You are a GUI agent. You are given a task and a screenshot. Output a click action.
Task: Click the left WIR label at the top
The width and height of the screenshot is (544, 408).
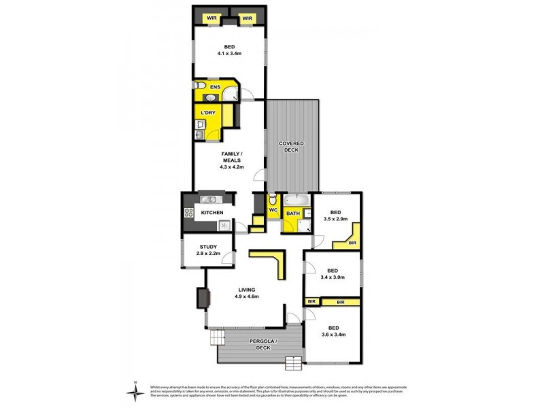(x=211, y=18)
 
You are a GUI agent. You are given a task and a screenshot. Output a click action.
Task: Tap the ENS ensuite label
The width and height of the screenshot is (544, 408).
(x=214, y=87)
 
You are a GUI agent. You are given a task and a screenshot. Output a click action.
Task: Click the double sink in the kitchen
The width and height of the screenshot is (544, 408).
(x=209, y=200)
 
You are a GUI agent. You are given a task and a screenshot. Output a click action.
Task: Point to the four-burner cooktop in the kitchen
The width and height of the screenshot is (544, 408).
(x=188, y=214)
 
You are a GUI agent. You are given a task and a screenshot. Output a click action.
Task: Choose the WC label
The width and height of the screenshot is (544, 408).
(x=273, y=211)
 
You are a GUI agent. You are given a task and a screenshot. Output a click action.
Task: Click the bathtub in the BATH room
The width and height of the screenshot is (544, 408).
(x=296, y=201)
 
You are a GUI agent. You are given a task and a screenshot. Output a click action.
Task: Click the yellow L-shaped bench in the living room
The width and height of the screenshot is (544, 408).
(x=275, y=262)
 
